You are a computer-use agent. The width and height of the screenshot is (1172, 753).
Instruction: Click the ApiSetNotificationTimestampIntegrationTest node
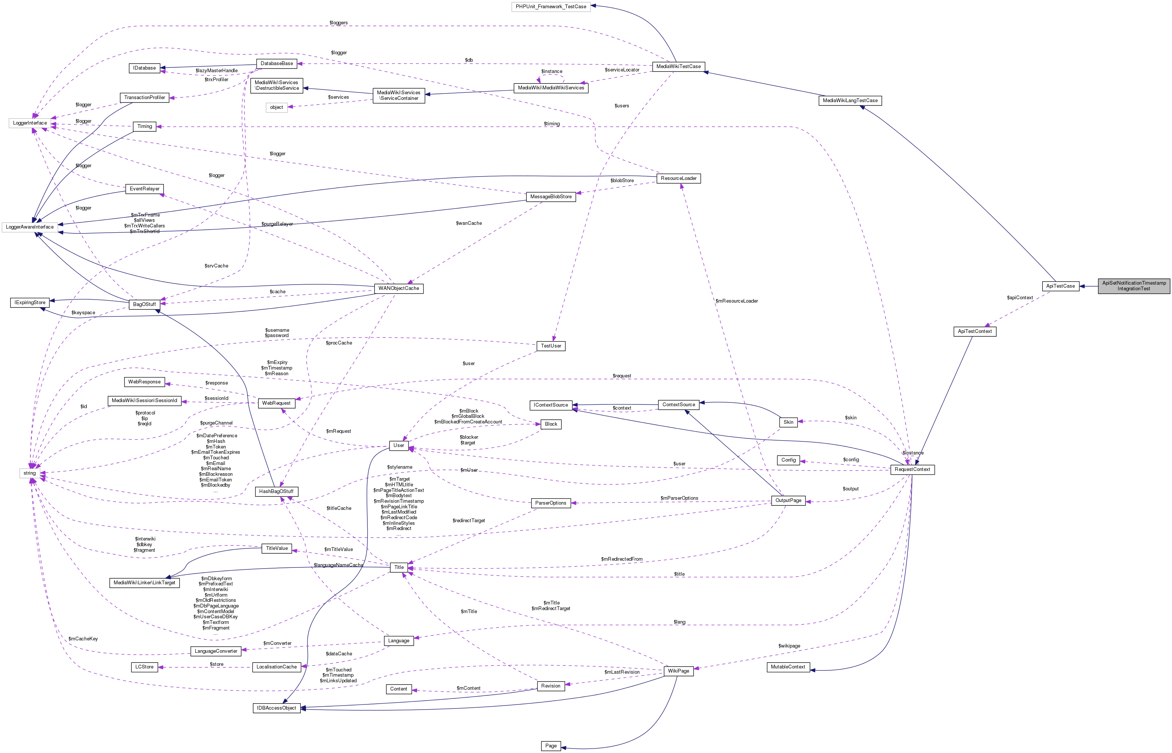[x=1133, y=285]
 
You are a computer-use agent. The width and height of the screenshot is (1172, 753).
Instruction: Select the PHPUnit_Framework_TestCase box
[x=551, y=7]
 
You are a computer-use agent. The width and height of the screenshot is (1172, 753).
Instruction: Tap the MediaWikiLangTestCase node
[x=850, y=101]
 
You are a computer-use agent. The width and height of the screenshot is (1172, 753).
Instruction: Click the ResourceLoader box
[x=678, y=178]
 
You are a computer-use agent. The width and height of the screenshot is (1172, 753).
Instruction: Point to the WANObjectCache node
[x=398, y=288]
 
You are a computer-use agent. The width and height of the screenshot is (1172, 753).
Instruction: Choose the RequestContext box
[x=912, y=469]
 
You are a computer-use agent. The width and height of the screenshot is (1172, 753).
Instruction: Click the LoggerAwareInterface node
[x=30, y=227]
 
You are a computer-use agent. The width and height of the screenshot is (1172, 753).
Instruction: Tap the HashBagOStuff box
[x=276, y=492]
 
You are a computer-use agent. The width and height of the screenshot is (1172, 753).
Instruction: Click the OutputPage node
[x=788, y=501]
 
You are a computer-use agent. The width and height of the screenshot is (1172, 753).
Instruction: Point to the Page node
[x=551, y=746]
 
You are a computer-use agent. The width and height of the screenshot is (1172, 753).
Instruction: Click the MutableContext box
[x=788, y=667]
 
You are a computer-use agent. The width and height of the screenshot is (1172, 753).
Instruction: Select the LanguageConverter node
[x=215, y=651]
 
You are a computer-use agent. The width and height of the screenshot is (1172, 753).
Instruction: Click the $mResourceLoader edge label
[x=736, y=301]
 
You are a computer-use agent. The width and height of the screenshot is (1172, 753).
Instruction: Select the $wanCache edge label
[x=468, y=223]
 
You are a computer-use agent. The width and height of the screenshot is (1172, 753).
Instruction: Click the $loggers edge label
[x=338, y=23]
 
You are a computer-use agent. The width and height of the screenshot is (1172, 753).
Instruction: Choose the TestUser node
[x=551, y=346]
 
